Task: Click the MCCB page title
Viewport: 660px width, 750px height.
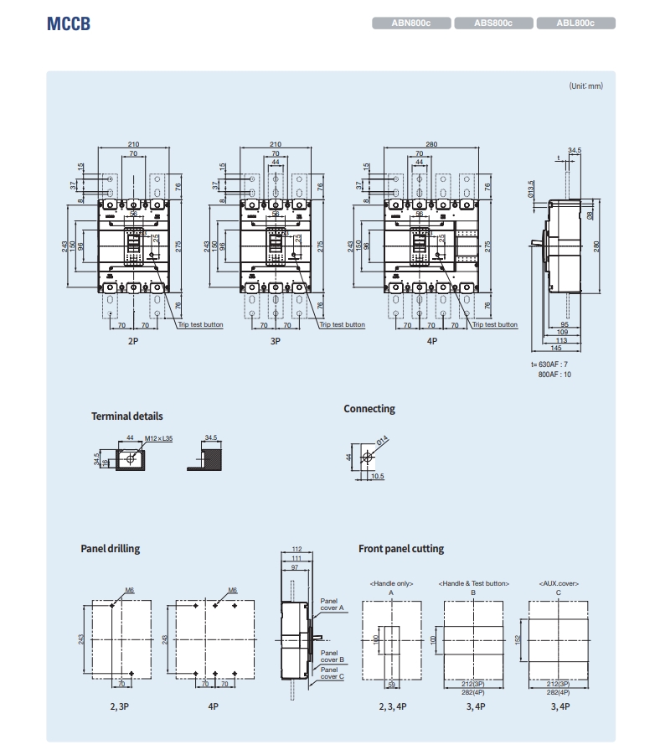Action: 68,23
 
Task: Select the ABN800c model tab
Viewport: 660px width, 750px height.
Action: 411,23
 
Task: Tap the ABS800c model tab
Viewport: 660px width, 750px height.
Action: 493,23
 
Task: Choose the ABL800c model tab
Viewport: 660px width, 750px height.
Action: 575,23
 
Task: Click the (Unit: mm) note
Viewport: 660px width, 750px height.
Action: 585,85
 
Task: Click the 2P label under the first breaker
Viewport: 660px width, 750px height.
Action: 133,342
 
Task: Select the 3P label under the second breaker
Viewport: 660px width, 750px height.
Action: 276,342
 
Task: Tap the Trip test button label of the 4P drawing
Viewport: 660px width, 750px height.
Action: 495,324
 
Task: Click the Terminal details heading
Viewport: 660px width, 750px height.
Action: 127,416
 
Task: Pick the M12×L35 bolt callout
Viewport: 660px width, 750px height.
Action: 158,438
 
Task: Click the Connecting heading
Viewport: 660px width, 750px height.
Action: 369,409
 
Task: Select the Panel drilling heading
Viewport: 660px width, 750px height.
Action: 111,548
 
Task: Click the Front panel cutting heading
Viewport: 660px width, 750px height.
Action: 401,548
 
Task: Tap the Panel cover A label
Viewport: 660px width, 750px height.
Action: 333,604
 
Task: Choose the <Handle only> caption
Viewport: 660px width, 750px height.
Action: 391,582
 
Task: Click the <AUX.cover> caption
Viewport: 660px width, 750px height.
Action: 559,582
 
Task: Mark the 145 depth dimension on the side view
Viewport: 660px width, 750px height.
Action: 557,349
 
